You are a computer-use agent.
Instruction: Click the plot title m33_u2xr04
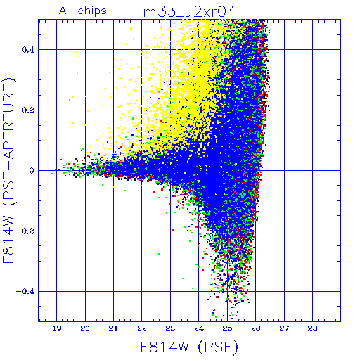point(189,12)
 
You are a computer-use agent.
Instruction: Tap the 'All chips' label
point(83,11)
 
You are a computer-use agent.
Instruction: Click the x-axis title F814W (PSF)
point(189,347)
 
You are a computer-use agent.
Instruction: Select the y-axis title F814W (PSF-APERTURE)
point(9,171)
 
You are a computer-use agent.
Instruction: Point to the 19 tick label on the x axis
point(57,328)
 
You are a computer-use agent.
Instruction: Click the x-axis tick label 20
point(85,328)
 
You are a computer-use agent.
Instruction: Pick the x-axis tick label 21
point(113,328)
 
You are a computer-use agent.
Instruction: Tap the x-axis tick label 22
point(142,328)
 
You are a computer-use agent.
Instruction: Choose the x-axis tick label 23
point(170,328)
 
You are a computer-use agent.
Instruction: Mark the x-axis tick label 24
point(199,328)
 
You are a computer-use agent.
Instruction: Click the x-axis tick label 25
point(227,328)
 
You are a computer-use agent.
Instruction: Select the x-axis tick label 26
point(256,328)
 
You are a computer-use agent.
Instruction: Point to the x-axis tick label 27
point(284,328)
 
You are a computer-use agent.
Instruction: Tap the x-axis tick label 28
point(313,328)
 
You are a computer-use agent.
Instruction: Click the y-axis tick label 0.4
point(28,50)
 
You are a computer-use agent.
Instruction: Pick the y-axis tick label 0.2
point(28,110)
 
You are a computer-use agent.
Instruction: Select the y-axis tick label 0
point(32,171)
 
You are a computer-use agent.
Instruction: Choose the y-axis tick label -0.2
point(25,231)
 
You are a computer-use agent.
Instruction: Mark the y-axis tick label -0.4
point(25,292)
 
